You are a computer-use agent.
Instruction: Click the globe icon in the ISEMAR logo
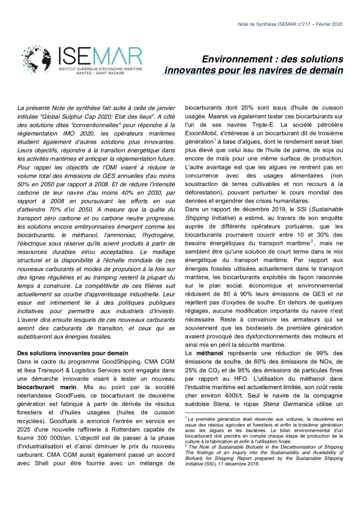coord(36,60)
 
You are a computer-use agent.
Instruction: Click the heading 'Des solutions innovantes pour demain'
coord(73,353)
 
